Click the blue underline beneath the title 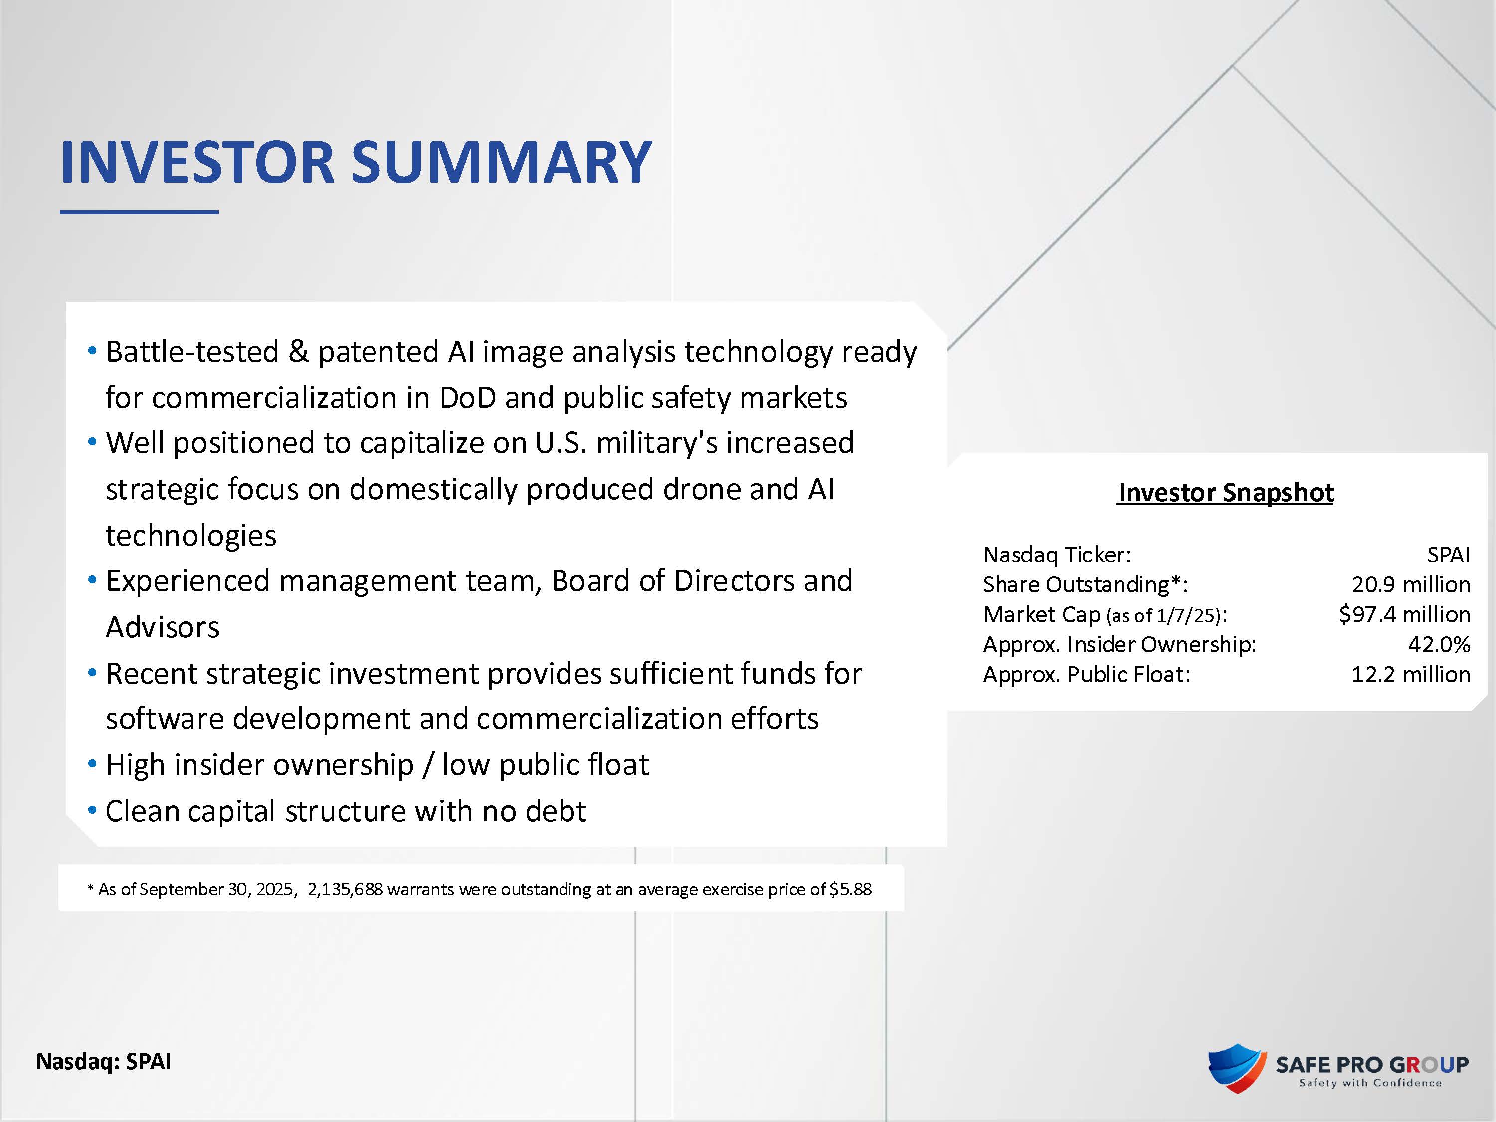(x=139, y=212)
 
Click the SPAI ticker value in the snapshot (x=1449, y=555)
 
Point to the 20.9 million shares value (x=1411, y=584)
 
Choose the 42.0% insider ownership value (x=1439, y=644)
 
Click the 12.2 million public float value (x=1411, y=674)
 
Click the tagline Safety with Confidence (x=1371, y=1083)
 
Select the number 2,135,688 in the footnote (x=345, y=889)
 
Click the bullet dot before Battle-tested (x=92, y=351)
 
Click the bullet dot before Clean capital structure (x=92, y=811)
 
